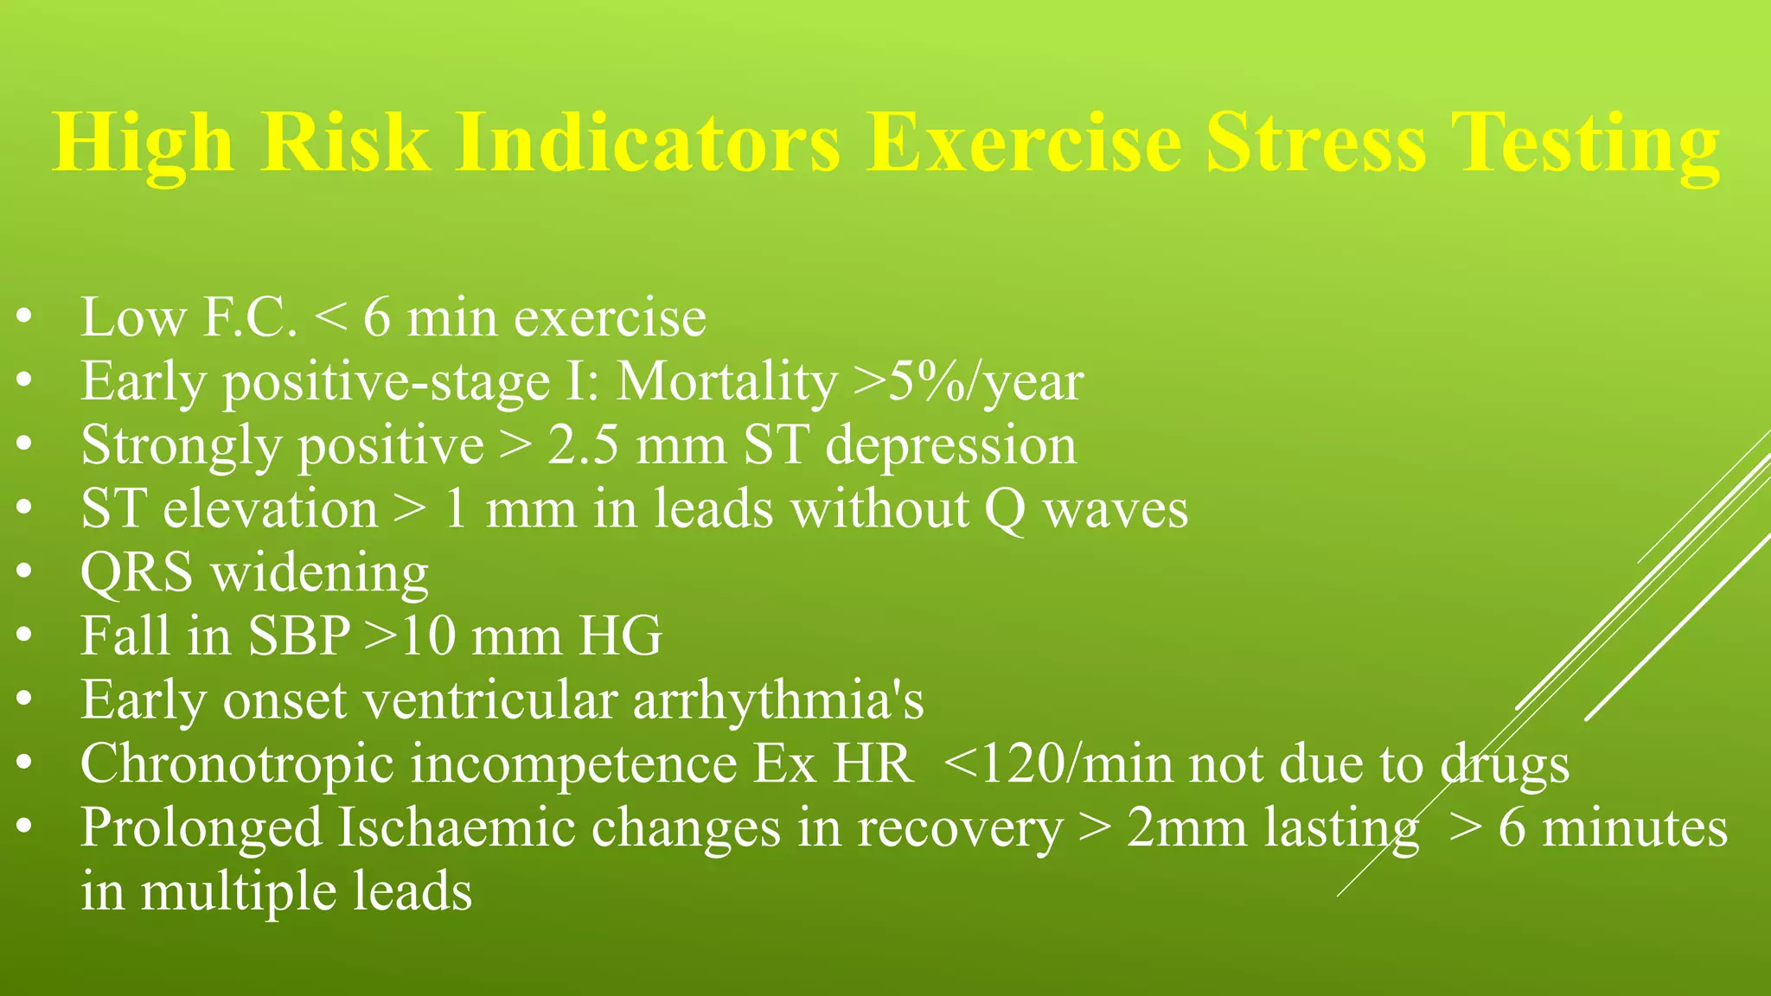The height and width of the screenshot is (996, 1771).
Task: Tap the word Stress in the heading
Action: tap(1315, 143)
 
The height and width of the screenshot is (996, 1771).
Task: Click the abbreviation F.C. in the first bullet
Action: tap(250, 317)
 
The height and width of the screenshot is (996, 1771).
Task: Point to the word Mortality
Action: tap(726, 381)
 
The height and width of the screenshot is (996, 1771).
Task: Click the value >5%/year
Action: tap(969, 381)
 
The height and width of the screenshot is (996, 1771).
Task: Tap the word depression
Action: tap(951, 447)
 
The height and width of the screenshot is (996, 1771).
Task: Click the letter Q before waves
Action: tap(1005, 510)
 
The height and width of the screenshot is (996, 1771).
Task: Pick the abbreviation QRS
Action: tap(137, 573)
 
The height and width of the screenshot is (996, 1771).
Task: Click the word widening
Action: tap(320, 574)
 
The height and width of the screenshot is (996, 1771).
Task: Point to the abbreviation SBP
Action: tap(299, 636)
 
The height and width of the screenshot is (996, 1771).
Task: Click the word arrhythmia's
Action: tap(778, 701)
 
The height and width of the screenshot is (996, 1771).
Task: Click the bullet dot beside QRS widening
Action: tap(23, 572)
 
